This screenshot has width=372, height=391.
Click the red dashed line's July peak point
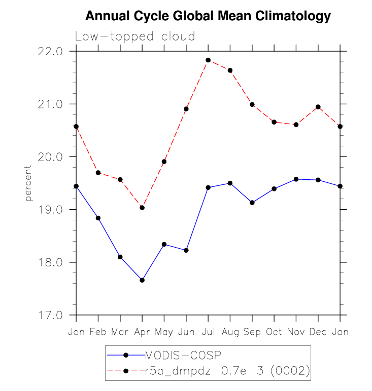(208, 60)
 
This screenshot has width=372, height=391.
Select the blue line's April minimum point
(142, 280)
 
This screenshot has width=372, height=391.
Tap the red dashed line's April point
(142, 208)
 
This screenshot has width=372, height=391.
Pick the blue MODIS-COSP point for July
(208, 187)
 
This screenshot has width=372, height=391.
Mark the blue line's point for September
(252, 203)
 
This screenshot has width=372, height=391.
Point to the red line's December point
(318, 107)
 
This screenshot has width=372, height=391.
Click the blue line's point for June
(186, 250)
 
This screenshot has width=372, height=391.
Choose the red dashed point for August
(230, 70)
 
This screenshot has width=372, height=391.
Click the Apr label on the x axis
(142, 332)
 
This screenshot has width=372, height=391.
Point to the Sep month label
(252, 332)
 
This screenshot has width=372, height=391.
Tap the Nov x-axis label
(296, 332)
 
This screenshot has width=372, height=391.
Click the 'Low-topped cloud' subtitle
(135, 36)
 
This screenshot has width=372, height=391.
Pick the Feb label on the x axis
(98, 332)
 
